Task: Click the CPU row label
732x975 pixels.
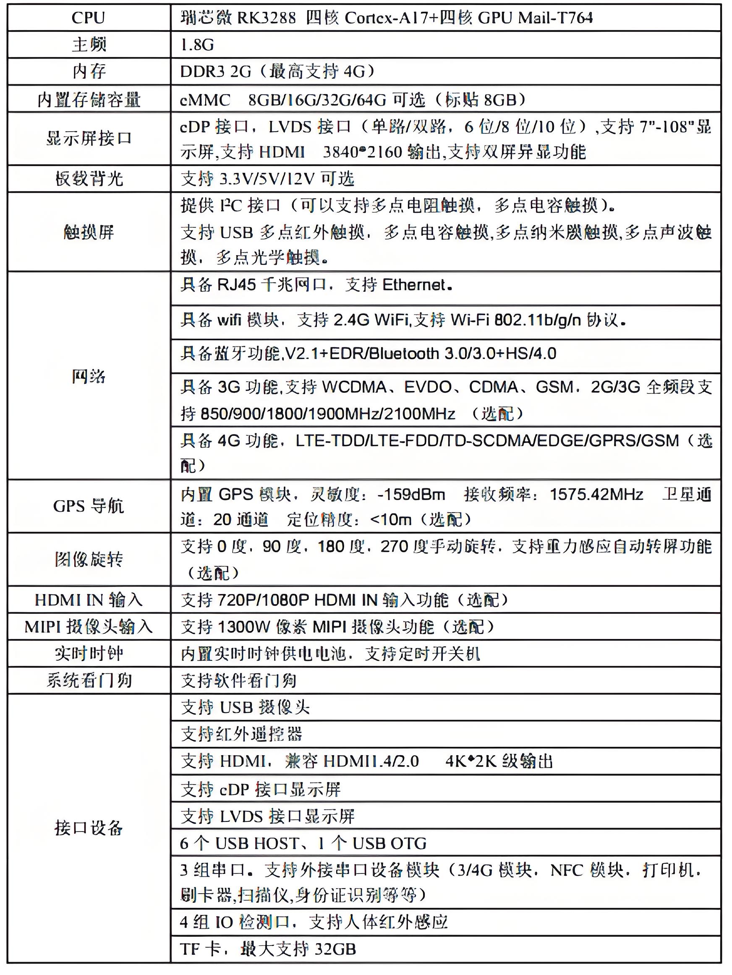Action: pyautogui.click(x=88, y=18)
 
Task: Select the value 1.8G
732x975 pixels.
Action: pyautogui.click(x=197, y=45)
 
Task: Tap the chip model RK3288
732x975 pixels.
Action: pyautogui.click(x=267, y=18)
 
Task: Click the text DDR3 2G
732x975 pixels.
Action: pyautogui.click(x=215, y=71)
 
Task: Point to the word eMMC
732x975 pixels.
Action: pyautogui.click(x=205, y=100)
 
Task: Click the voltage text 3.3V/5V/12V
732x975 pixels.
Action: pyautogui.click(x=267, y=179)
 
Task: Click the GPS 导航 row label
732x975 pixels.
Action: pyautogui.click(x=88, y=506)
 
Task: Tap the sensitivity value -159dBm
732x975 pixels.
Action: pyautogui.click(x=411, y=495)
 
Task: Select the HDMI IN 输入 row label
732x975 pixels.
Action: pyautogui.click(x=88, y=600)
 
